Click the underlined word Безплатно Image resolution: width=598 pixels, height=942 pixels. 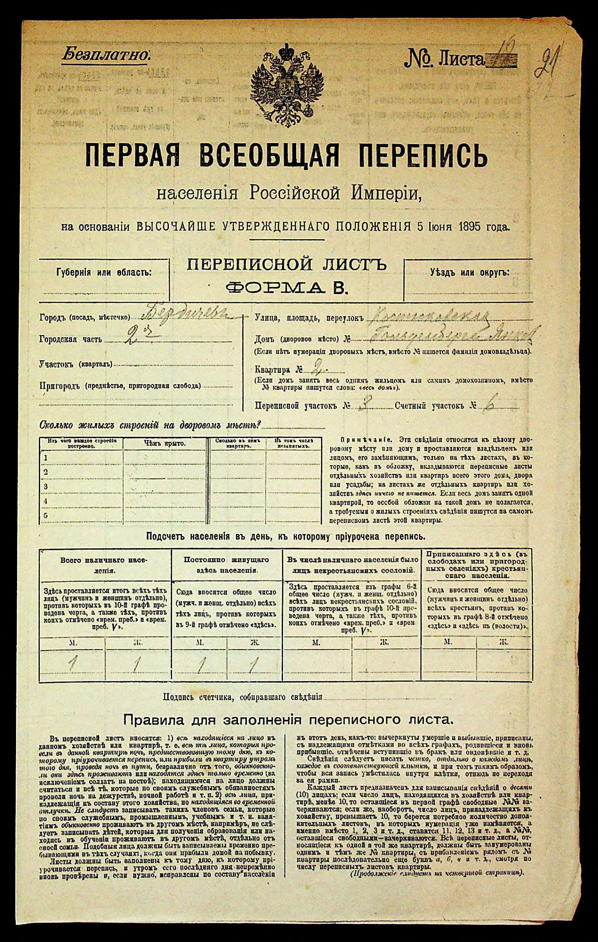(x=106, y=54)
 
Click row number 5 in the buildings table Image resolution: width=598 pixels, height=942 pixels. (x=46, y=515)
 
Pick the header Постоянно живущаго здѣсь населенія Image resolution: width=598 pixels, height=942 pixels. (x=226, y=564)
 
